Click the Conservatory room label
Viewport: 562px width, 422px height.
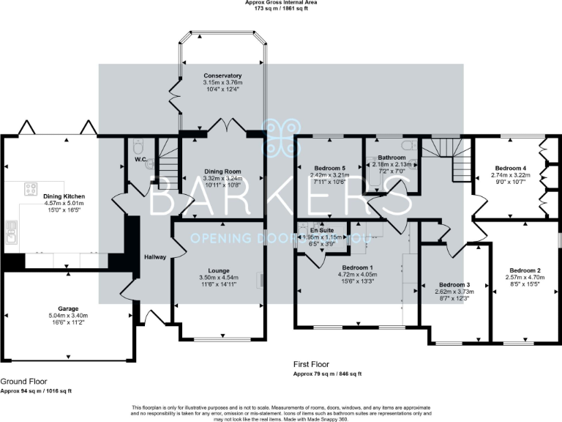pyautogui.click(x=223, y=75)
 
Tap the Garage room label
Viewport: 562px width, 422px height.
pyautogui.click(x=67, y=308)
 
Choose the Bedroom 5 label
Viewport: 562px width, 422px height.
pyautogui.click(x=327, y=168)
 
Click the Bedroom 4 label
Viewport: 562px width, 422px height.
pyautogui.click(x=509, y=168)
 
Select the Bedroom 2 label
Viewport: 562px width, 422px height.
pyautogui.click(x=525, y=270)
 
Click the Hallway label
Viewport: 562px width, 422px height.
pyautogui.click(x=155, y=257)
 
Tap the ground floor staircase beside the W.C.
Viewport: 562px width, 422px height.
pyautogui.click(x=168, y=161)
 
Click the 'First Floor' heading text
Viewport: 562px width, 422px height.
pyautogui.click(x=310, y=364)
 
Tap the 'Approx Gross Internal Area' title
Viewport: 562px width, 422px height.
pyautogui.click(x=280, y=3)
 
